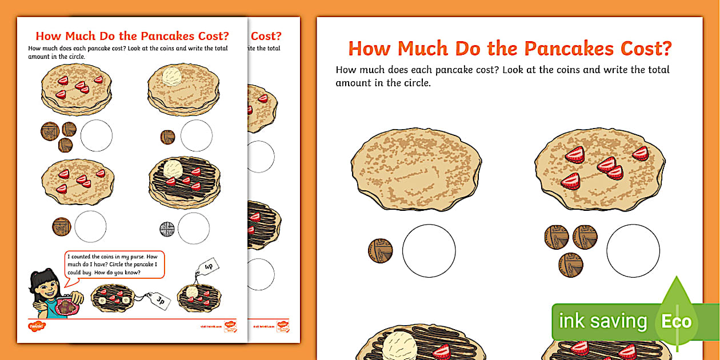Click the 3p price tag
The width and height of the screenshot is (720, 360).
(161, 300)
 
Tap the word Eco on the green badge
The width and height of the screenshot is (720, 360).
(677, 321)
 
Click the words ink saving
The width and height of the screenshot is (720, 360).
(603, 321)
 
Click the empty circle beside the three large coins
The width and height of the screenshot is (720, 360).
(633, 251)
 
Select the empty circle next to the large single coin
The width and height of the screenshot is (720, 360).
(429, 251)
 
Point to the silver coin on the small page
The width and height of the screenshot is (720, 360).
(167, 229)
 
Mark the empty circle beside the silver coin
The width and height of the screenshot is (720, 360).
(194, 229)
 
